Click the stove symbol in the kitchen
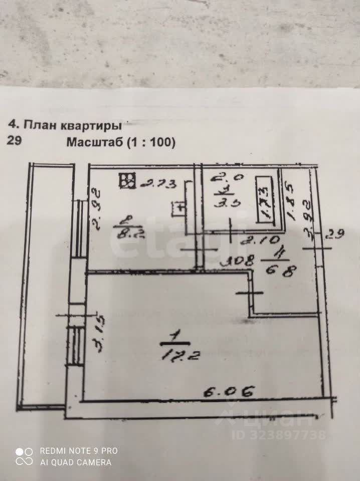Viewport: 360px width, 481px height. tap(127, 181)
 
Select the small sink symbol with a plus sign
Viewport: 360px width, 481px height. tap(178, 207)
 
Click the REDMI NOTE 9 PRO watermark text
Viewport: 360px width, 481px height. tap(78, 450)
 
